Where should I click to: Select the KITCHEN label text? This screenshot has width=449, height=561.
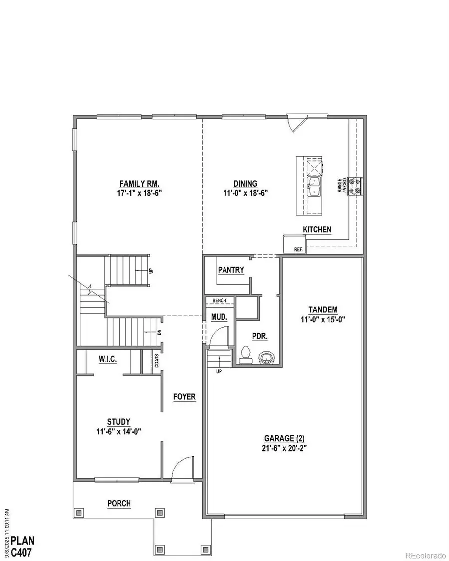point(317,229)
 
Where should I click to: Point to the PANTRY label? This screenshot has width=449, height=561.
point(231,270)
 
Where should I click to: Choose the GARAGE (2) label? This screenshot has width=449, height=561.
point(284,438)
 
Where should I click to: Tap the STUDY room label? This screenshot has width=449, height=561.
point(118,422)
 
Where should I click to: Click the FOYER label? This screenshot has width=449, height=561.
point(184,397)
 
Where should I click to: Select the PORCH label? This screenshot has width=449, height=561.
point(119,503)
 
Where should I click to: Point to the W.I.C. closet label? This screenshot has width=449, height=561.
point(108,359)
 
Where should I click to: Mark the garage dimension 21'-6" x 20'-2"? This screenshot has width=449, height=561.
point(284,447)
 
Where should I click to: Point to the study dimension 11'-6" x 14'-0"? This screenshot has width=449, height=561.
point(118,432)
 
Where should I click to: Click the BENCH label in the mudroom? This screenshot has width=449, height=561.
point(220,301)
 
